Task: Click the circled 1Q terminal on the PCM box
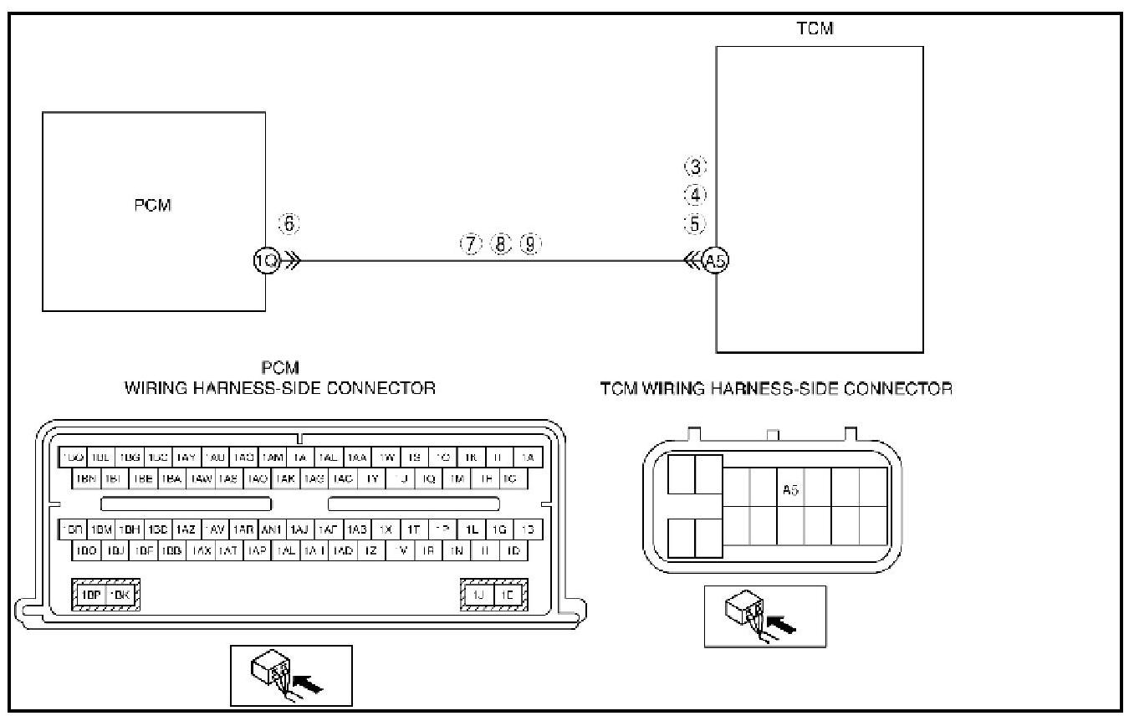(x=265, y=261)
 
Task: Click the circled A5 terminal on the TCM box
(x=716, y=261)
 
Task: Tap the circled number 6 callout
(x=289, y=224)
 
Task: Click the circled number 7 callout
(x=472, y=244)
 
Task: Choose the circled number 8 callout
(x=501, y=244)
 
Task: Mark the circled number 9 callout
(x=530, y=244)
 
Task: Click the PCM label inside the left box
(x=153, y=206)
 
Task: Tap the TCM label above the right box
(x=815, y=29)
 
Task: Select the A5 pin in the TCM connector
(x=790, y=490)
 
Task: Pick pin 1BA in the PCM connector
(x=171, y=479)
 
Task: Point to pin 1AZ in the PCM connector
(x=186, y=530)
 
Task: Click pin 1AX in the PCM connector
(x=201, y=551)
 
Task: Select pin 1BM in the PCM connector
(x=101, y=530)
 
